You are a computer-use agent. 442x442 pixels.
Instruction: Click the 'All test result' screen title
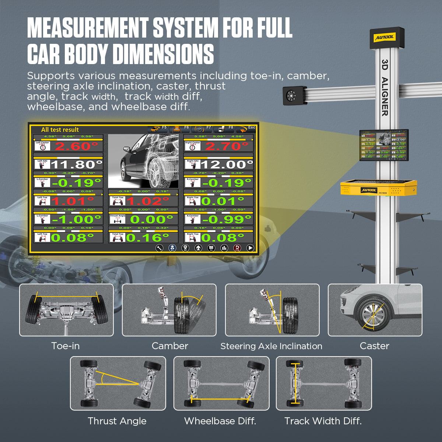[60, 130]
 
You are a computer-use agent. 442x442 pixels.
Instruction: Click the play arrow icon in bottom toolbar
[250, 248]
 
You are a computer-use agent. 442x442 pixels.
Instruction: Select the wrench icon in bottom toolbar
[159, 248]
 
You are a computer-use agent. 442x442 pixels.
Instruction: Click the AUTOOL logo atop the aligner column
[385, 37]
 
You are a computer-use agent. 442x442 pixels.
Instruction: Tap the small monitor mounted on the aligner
[383, 145]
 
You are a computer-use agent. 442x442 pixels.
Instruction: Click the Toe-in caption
[65, 346]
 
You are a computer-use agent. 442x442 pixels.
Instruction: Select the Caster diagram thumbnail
[375, 310]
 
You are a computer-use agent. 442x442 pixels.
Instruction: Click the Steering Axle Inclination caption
[271, 346]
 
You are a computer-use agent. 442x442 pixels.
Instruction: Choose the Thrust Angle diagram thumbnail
[118, 383]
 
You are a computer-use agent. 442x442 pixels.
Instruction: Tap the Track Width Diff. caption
[323, 421]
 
